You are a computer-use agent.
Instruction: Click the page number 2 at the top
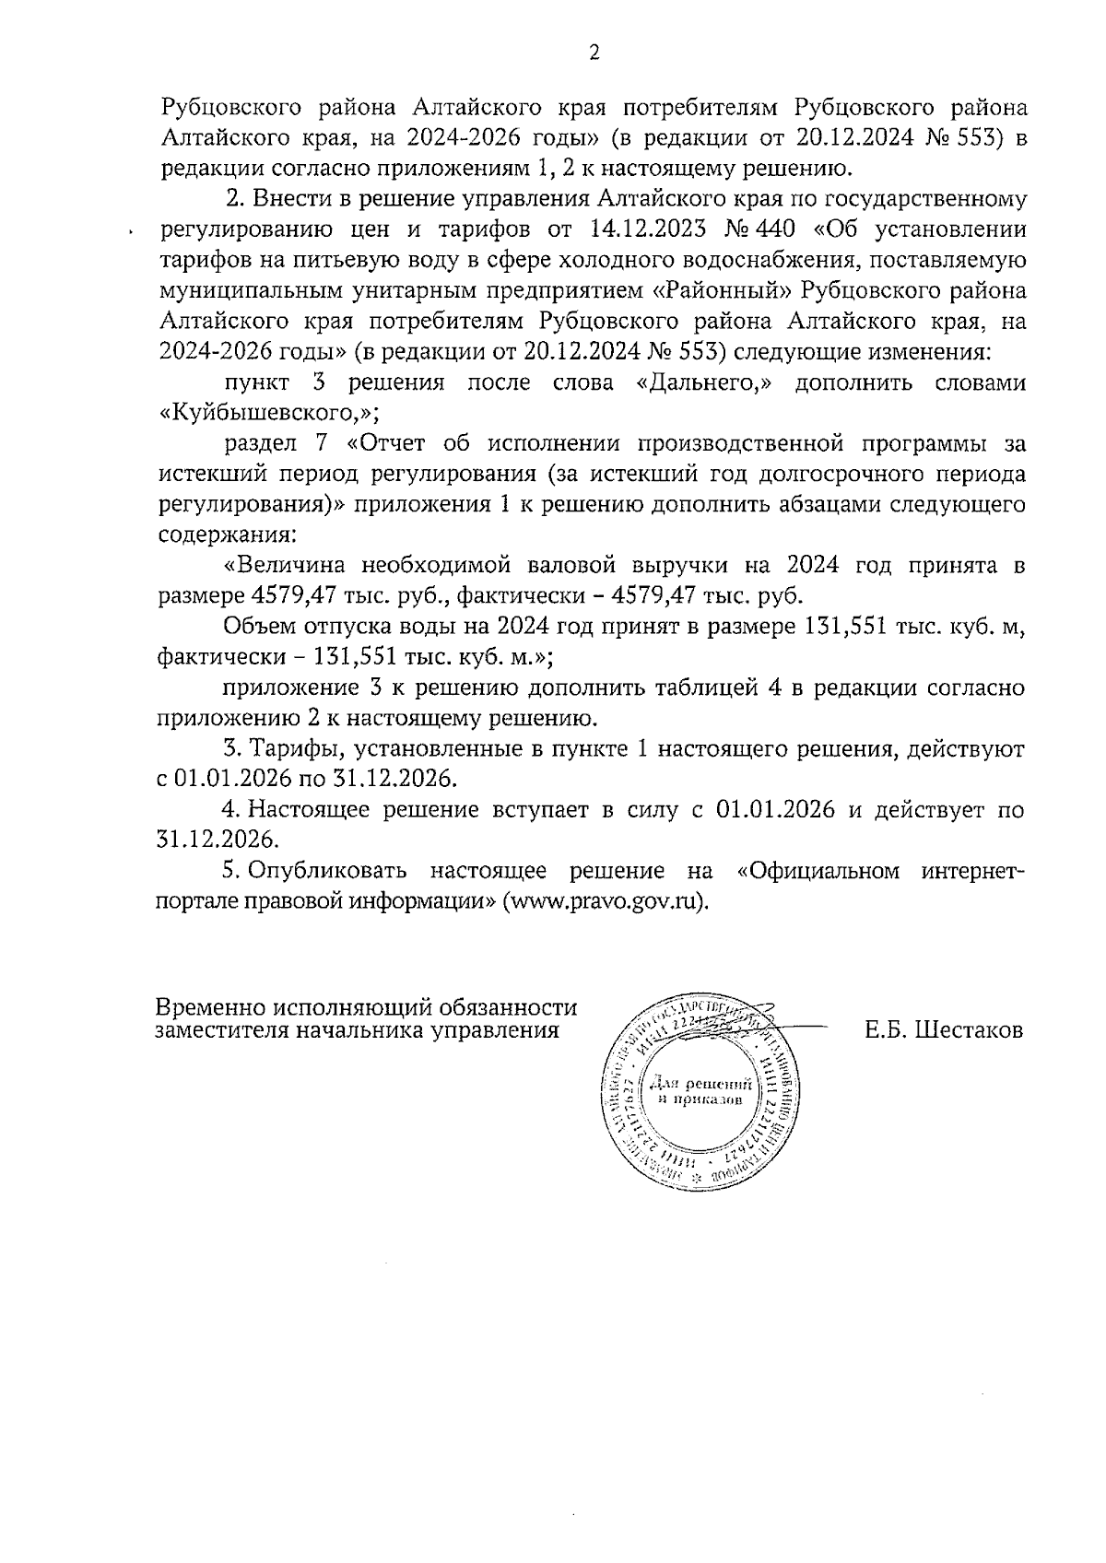tap(594, 53)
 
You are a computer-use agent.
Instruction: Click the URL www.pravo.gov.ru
tap(606, 900)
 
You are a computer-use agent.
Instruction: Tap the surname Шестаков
tap(970, 1029)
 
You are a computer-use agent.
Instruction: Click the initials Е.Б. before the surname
tap(887, 1029)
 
